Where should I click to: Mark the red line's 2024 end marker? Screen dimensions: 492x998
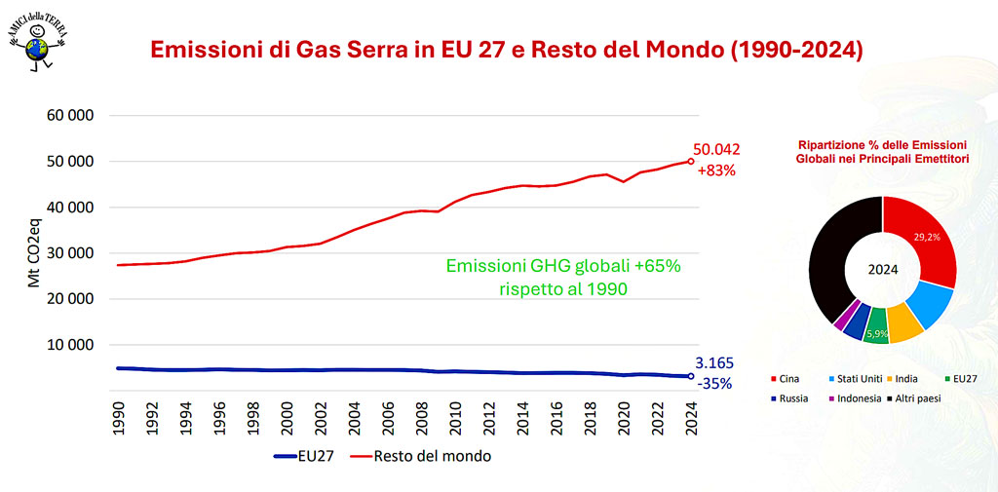click(x=691, y=162)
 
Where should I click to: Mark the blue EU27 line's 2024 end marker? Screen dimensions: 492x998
click(x=691, y=376)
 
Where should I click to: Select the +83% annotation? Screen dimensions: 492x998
click(x=716, y=170)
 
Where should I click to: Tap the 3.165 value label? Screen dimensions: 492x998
click(x=714, y=363)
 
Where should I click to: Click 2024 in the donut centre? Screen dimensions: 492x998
click(x=882, y=270)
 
